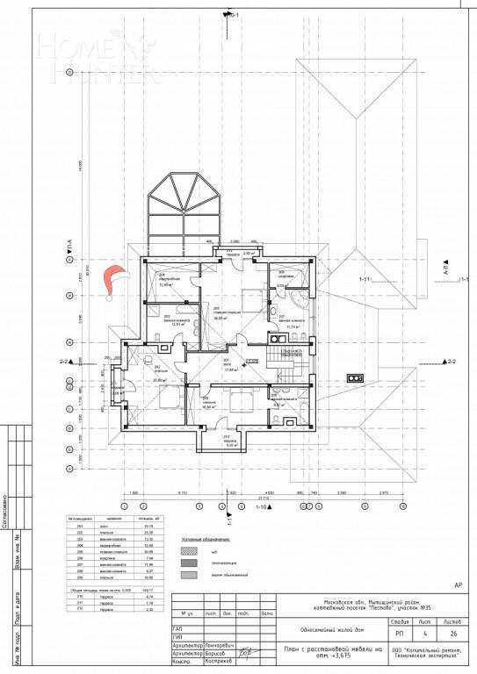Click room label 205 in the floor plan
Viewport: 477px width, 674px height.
(216, 310)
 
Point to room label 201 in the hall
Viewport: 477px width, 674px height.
(226, 360)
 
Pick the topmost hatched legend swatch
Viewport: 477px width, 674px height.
(187, 550)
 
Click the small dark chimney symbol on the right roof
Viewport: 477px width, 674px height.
(354, 377)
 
